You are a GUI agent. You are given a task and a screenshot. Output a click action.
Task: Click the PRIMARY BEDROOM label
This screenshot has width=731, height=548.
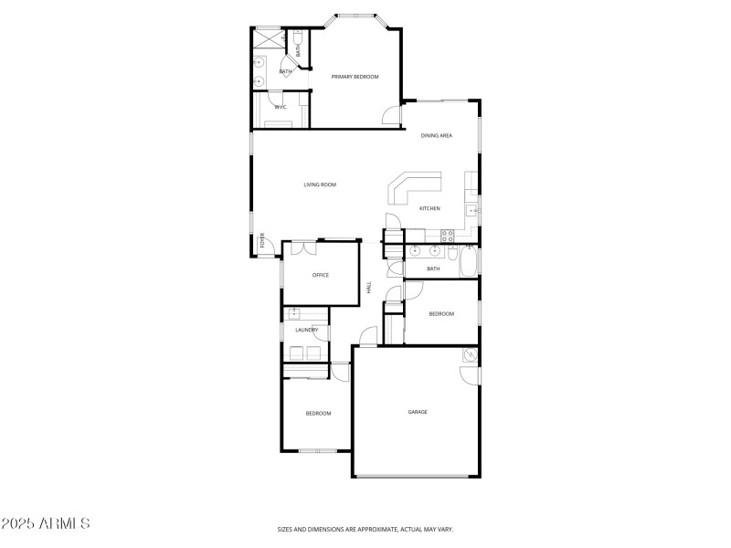(355, 77)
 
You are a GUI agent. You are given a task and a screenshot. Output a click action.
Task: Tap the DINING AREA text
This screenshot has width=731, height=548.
(436, 136)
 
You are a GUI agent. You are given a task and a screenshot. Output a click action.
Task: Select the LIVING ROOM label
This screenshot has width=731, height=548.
(320, 184)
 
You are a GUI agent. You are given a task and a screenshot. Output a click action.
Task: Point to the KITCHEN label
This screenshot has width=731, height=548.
(429, 208)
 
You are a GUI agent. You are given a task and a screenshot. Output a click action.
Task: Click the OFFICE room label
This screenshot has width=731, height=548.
(320, 275)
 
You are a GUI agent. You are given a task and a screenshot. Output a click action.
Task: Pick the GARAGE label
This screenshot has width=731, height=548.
(418, 412)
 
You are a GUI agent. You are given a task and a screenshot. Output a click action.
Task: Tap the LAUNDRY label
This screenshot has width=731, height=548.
(306, 330)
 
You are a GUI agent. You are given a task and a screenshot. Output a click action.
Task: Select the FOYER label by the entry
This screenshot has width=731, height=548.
(262, 242)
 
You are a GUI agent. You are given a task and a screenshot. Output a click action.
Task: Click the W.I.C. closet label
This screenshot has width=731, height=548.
(281, 108)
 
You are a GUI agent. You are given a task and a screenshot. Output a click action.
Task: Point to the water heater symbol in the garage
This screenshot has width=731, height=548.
(471, 354)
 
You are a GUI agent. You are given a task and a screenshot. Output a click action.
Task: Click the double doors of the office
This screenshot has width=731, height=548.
(301, 247)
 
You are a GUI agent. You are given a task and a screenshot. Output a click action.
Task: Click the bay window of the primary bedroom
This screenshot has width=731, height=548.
(355, 16)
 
